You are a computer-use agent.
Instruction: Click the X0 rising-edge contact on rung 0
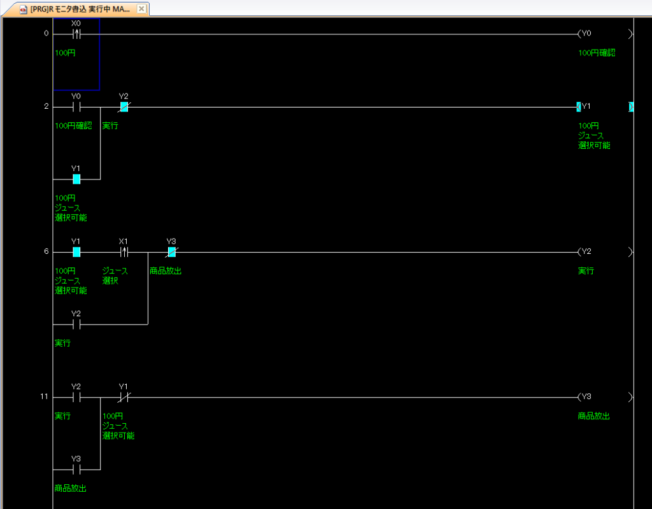(x=76, y=34)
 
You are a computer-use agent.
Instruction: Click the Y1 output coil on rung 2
(x=605, y=107)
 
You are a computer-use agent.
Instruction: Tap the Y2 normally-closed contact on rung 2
(x=124, y=107)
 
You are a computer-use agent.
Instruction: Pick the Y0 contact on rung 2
(x=76, y=107)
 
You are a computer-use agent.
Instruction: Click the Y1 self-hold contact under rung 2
(x=76, y=179)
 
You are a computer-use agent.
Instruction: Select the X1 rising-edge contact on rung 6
(x=124, y=252)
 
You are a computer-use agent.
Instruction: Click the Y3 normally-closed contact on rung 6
(x=171, y=252)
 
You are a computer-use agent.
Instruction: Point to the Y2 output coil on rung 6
(x=605, y=252)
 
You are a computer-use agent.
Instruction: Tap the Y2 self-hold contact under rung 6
(x=76, y=324)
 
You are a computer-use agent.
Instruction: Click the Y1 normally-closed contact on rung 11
(x=124, y=397)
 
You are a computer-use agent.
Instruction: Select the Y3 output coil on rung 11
(x=605, y=397)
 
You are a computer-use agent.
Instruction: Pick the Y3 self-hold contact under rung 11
(x=76, y=470)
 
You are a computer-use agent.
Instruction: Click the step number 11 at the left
(x=44, y=396)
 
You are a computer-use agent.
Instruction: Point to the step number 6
(x=46, y=251)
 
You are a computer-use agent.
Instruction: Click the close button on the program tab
(x=141, y=9)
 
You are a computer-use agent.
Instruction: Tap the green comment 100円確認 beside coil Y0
(x=597, y=53)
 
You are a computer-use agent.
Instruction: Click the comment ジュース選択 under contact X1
(x=115, y=275)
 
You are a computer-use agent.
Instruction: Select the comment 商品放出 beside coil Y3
(x=594, y=416)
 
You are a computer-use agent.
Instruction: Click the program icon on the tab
(x=24, y=9)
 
